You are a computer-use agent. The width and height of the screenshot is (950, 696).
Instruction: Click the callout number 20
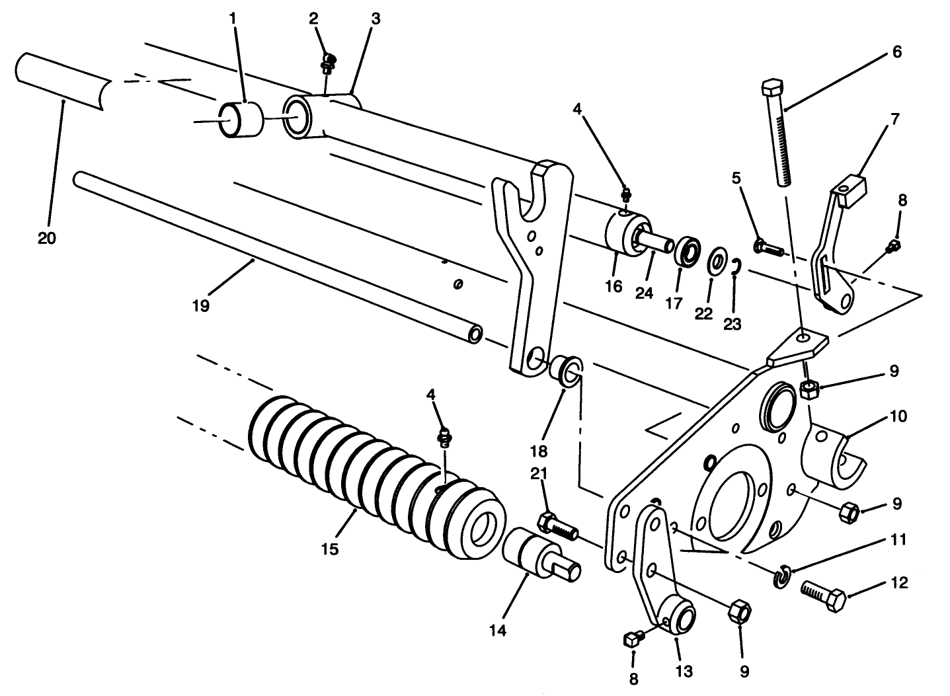pos(46,238)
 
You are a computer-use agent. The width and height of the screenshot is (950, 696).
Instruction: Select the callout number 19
pos(201,305)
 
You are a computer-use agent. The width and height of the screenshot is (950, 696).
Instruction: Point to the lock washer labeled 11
pos(781,575)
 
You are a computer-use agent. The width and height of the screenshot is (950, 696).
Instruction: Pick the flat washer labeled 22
pos(715,262)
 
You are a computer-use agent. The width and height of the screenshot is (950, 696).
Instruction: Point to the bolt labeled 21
pos(556,525)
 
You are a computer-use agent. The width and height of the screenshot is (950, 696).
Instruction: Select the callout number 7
pos(894,120)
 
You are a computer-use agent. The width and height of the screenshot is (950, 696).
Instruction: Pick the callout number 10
pos(898,417)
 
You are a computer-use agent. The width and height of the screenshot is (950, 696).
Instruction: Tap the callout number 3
pos(375,19)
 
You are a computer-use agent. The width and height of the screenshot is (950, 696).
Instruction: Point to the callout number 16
pos(613,286)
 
